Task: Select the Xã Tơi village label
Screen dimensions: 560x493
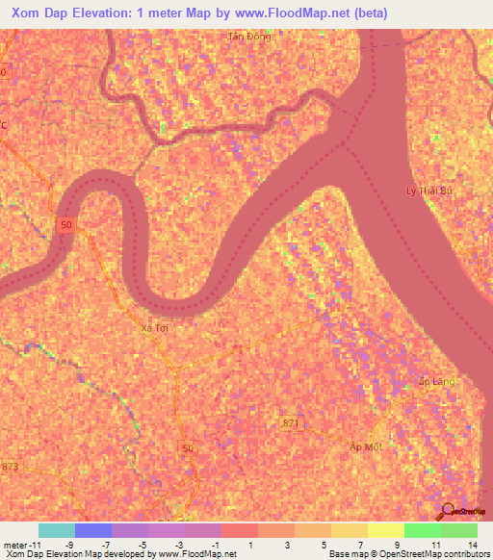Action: (155, 328)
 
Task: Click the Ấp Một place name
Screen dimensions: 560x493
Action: (366, 446)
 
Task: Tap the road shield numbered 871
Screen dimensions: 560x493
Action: (293, 422)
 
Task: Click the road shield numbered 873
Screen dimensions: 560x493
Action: (11, 467)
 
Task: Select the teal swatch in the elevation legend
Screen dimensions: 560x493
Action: (57, 530)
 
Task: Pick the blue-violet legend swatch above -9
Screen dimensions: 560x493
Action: (93, 530)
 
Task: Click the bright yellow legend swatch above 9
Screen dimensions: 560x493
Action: (386, 530)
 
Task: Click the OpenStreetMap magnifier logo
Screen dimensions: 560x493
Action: (446, 510)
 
